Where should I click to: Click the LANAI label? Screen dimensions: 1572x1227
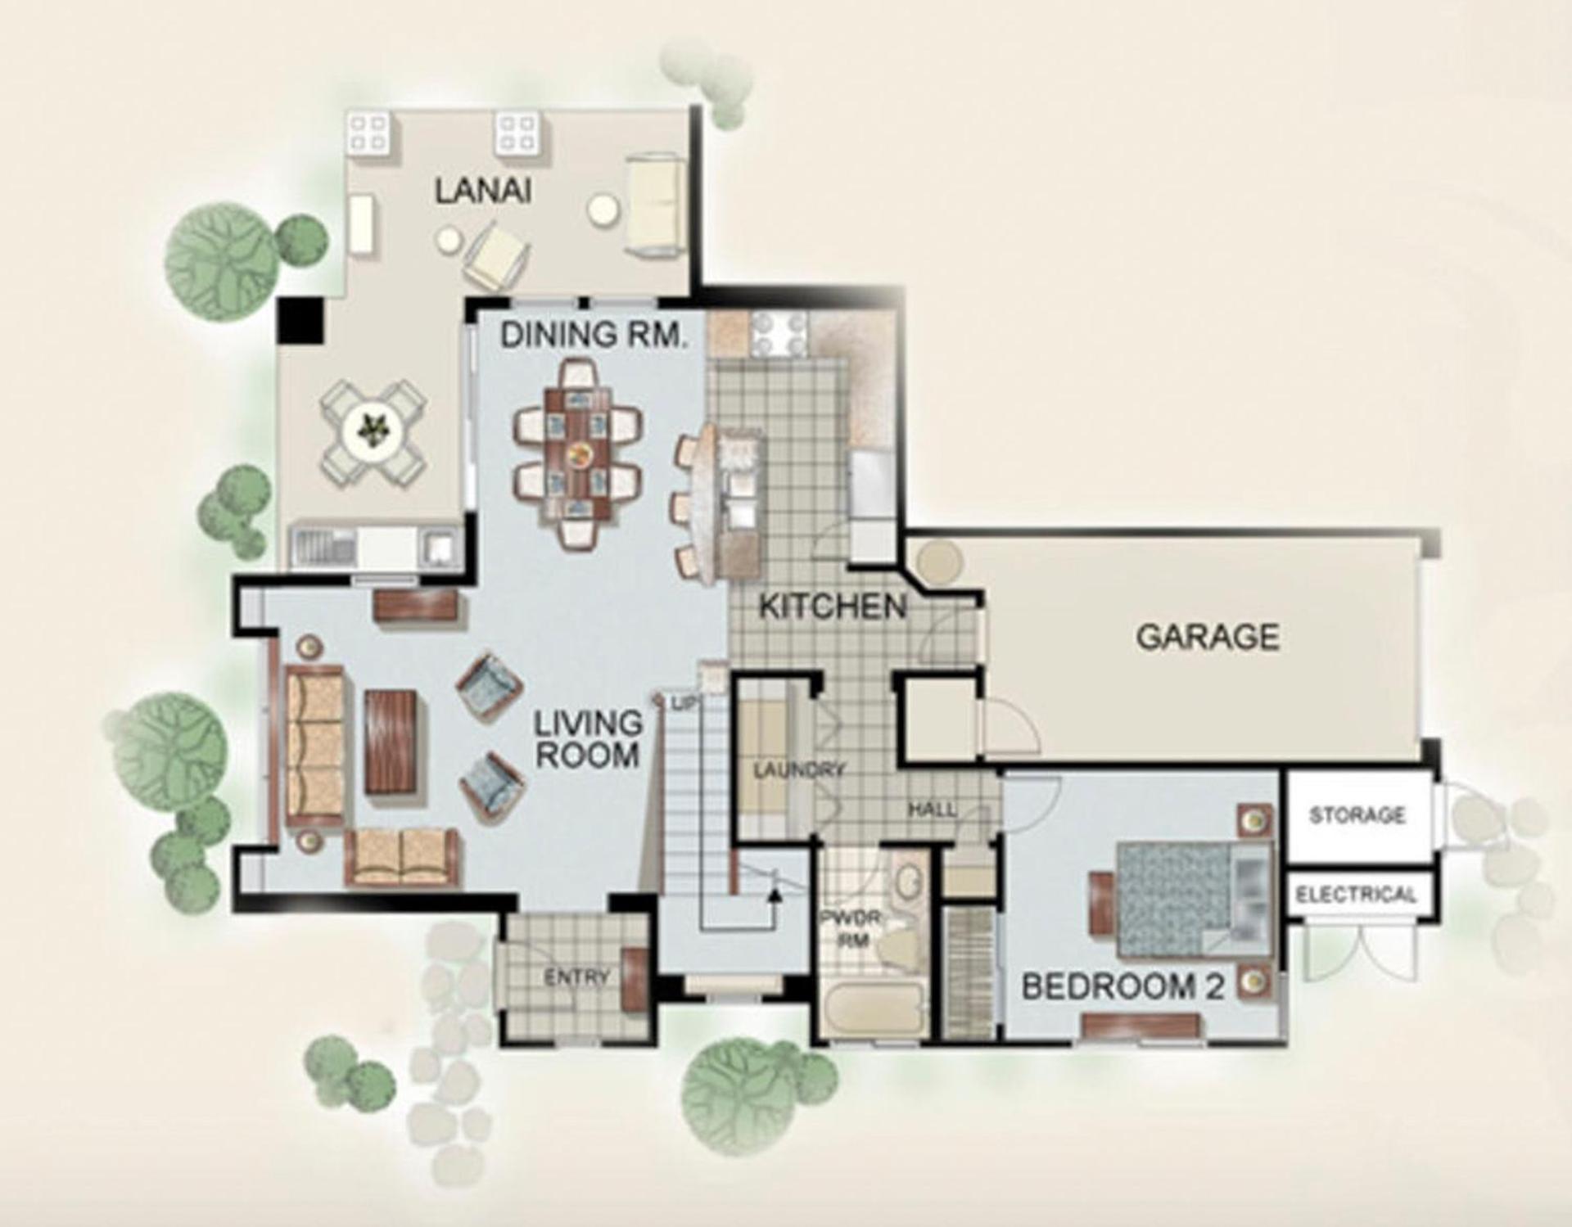click(x=483, y=191)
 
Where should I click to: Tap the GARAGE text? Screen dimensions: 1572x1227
click(x=1208, y=637)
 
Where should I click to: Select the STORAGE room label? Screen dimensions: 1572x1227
click(x=1357, y=814)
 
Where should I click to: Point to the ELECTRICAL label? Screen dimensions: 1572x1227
click(x=1356, y=894)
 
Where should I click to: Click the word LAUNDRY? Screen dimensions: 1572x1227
click(x=798, y=770)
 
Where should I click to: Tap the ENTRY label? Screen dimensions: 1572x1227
click(x=577, y=977)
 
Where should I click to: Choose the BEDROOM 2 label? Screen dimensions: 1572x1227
click(x=1123, y=987)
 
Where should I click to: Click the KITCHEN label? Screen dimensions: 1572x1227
click(x=833, y=607)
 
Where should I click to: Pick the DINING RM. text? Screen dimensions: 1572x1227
click(x=594, y=335)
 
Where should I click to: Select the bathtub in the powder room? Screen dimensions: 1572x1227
click(x=872, y=1012)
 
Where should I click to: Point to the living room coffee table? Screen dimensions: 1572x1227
click(x=391, y=742)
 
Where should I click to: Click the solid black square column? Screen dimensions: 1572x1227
click(x=300, y=320)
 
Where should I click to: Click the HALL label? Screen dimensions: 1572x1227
click(x=933, y=810)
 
